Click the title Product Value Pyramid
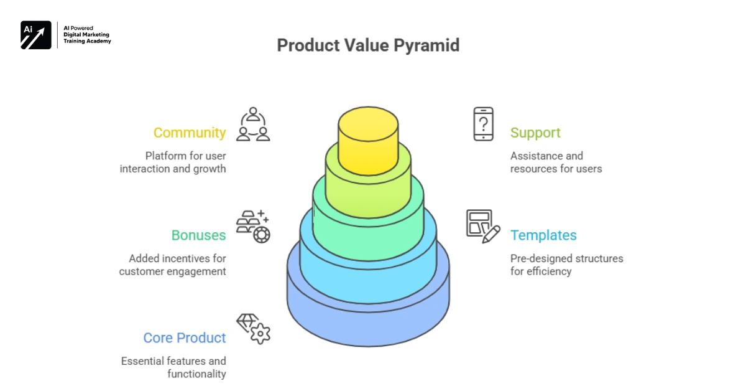(368, 45)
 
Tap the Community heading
(190, 133)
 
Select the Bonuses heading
(198, 235)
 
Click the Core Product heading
(185, 338)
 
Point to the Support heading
(535, 133)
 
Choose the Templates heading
(543, 235)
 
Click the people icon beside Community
(253, 125)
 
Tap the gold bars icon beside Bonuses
(253, 227)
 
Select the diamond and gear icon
(253, 329)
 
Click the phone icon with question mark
(483, 124)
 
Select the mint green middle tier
(368, 230)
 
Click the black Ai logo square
(36, 35)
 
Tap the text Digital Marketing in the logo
(87, 35)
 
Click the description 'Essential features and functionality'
(173, 367)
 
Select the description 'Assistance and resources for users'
(556, 163)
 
